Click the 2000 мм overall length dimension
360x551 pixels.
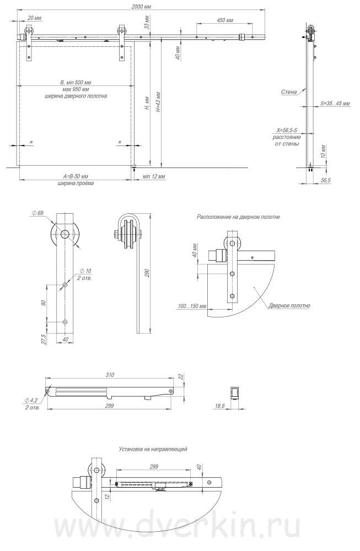(141, 7)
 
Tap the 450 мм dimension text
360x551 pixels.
(225, 20)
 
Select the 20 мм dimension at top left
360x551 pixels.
(34, 18)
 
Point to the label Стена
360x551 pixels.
(289, 92)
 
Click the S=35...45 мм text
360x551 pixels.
(335, 104)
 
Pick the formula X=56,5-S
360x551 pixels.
(287, 131)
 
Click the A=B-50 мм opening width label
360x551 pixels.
(76, 176)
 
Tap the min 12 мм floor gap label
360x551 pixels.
(154, 176)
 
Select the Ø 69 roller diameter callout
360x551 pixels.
(37, 213)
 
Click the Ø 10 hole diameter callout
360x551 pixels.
(85, 271)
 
